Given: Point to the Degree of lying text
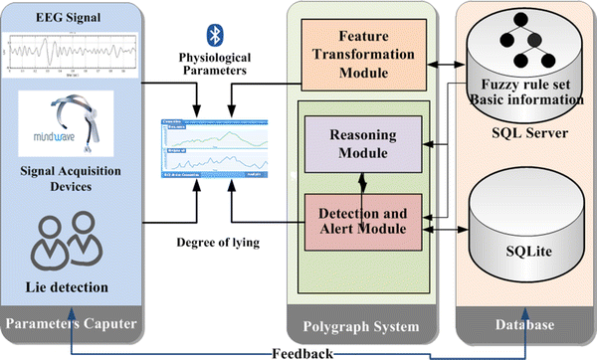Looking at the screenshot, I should click(215, 244).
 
